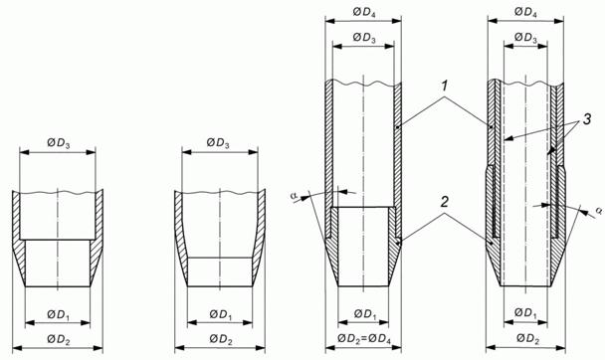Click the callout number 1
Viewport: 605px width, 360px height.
click(445, 86)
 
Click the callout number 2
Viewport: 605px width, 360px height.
click(445, 201)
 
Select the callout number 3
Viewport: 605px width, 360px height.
click(586, 119)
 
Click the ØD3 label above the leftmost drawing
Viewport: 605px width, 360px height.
click(59, 143)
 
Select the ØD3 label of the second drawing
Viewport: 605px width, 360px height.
click(218, 143)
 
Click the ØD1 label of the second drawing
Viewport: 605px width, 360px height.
click(221, 314)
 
